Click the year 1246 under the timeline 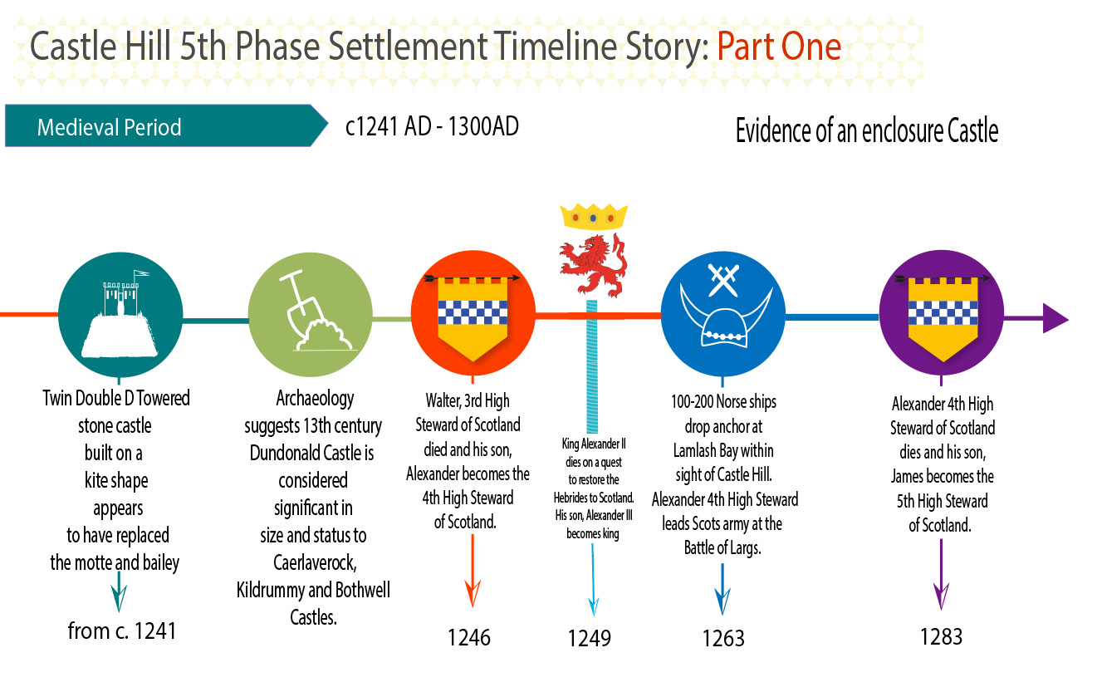coord(469,637)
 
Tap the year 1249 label coord(590,638)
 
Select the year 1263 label coord(723,638)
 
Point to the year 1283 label coord(941,636)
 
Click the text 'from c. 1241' coord(122,631)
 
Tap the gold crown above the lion coord(593,216)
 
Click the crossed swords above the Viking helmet coord(722,280)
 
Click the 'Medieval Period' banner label coord(110,128)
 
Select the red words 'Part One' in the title coord(778,47)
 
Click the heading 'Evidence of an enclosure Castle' coord(866,131)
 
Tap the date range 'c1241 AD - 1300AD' coord(432,127)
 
